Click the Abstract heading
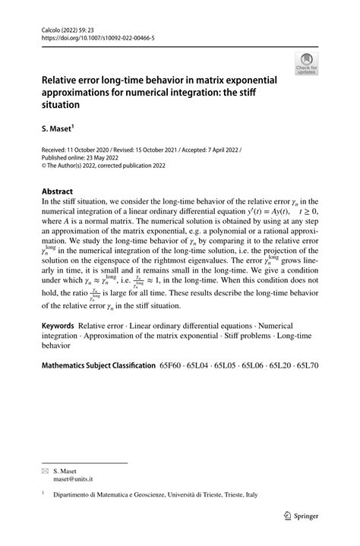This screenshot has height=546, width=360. click(x=57, y=192)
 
